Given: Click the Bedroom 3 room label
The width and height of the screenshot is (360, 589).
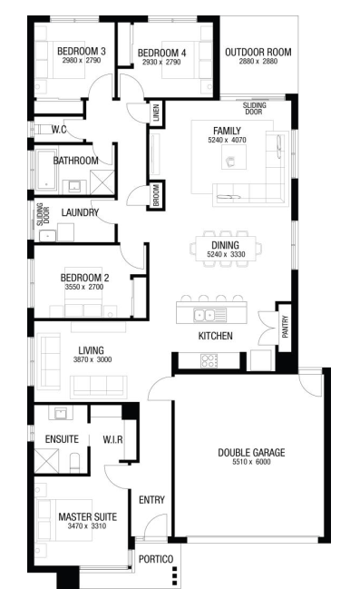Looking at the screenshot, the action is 82,51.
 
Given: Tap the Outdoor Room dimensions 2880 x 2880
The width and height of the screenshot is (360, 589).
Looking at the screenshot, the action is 258,61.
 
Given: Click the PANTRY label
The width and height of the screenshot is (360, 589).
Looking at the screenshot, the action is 285,327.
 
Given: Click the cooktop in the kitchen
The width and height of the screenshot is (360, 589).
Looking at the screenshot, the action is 209,360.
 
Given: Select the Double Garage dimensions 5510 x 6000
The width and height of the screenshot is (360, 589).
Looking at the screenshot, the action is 251,462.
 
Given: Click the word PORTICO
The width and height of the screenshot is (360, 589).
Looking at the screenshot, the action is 156,559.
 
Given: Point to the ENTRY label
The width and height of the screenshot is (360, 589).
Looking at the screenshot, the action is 151,500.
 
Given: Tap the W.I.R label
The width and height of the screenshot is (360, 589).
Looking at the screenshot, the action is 112,439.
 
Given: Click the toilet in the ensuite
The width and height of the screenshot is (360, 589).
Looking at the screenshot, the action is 74,462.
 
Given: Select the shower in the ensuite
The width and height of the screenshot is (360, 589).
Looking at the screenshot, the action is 46,460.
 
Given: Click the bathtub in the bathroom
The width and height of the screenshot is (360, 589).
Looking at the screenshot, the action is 46,170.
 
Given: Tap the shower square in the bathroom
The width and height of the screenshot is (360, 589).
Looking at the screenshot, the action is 102,182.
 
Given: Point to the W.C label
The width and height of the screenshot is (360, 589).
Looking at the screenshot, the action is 59,130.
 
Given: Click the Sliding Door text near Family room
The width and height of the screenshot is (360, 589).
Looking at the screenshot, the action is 254,109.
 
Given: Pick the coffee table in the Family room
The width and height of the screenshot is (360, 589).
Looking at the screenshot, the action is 233,157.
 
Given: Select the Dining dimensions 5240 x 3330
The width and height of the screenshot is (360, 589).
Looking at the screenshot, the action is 226,254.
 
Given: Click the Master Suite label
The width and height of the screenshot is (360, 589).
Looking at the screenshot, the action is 87,517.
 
